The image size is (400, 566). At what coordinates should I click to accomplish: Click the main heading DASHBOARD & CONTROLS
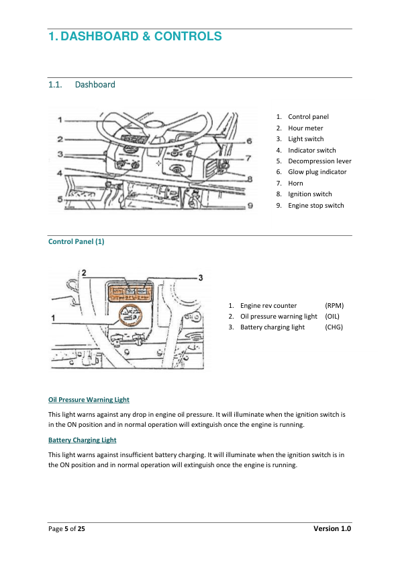135,36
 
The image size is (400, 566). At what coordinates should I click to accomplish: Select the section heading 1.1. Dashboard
81,85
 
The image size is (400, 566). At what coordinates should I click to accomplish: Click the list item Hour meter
305,128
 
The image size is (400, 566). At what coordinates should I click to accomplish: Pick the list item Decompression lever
319,161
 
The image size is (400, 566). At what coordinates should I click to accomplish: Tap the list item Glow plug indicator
317,172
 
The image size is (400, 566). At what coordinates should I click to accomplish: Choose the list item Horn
295,183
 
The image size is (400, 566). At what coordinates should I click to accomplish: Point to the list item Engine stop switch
315,205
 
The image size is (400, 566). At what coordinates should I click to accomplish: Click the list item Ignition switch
309,194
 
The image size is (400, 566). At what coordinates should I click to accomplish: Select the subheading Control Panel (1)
76,241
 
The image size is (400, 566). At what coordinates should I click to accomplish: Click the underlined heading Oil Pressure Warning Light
89,400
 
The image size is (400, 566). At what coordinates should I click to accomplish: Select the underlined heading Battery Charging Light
82,440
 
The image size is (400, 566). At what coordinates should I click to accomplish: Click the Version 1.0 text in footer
332,529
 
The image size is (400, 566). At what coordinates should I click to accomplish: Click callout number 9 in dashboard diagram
250,205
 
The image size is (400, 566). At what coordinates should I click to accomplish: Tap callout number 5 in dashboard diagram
60,200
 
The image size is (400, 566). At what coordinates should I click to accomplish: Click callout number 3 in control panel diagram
201,277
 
